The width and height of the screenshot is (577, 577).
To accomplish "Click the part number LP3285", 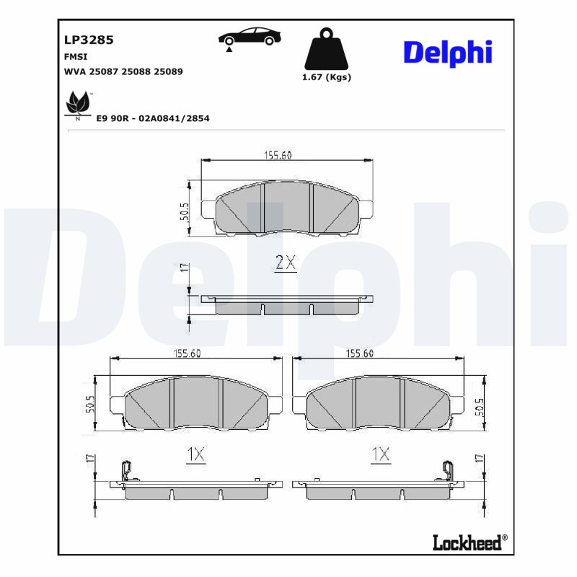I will tap(89, 40).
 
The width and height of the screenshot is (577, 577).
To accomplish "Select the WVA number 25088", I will tap(136, 71).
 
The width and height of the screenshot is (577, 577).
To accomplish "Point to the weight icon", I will tap(326, 49).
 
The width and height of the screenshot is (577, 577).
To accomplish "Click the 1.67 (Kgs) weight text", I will tap(326, 77).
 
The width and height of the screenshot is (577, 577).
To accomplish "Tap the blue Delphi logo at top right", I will tap(447, 52).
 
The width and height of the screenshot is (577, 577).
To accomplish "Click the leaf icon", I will tap(76, 105).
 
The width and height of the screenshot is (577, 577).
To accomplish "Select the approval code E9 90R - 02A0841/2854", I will tap(152, 118).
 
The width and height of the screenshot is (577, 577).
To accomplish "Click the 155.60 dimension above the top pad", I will tap(277, 154).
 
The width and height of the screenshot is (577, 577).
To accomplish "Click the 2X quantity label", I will tap(286, 263).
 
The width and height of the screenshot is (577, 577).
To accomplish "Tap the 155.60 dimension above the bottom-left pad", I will tap(187, 353).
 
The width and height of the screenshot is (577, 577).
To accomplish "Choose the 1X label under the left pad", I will tap(196, 454).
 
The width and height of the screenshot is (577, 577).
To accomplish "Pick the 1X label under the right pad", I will tap(380, 454).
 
